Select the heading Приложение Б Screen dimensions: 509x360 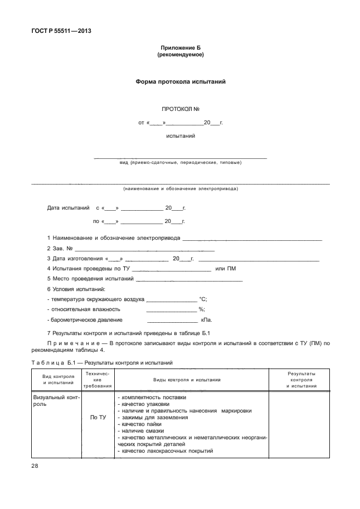(x=181, y=49)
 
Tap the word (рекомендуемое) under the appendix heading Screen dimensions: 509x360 (x=181, y=55)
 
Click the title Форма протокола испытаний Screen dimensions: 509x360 (x=181, y=81)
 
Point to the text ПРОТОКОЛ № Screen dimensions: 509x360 (x=181, y=109)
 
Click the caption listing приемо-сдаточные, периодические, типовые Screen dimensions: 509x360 (x=181, y=163)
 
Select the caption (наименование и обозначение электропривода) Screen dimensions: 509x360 (x=181, y=188)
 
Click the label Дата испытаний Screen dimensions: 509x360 (x=68, y=208)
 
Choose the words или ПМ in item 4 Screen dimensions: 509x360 (x=226, y=269)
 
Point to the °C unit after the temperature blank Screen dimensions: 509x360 (x=203, y=299)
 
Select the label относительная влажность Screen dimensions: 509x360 (x=84, y=309)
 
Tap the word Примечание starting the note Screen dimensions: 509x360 (x=76, y=343)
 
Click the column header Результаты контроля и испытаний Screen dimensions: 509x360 (x=301, y=379)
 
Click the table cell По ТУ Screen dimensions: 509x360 (x=98, y=417)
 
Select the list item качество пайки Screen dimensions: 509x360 (x=139, y=424)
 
